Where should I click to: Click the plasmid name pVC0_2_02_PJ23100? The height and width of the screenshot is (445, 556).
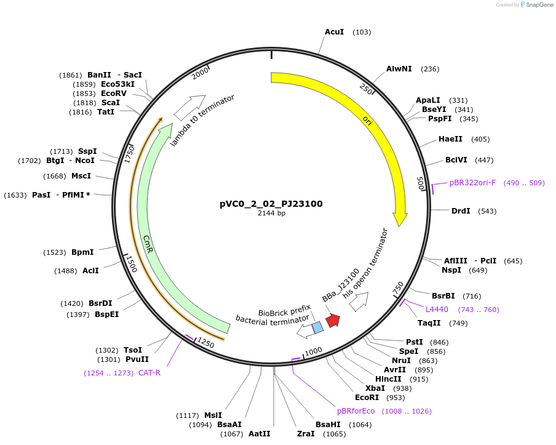pyautogui.click(x=271, y=204)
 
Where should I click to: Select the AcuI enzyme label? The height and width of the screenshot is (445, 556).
pyautogui.click(x=334, y=31)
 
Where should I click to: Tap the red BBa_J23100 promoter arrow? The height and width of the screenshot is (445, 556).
pyautogui.click(x=333, y=321)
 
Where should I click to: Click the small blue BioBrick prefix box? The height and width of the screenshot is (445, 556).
pyautogui.click(x=317, y=327)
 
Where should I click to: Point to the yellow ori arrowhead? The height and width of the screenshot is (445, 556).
pyautogui.click(x=400, y=218)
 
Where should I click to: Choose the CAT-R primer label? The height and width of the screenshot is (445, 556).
pyautogui.click(x=149, y=372)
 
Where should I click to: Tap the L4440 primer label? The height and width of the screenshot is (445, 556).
pyautogui.click(x=437, y=309)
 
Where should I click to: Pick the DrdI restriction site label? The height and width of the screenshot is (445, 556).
pyautogui.click(x=461, y=210)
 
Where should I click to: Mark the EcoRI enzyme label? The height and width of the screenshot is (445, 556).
pyautogui.click(x=367, y=397)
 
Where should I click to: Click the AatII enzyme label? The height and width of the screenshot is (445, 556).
pyautogui.click(x=260, y=433)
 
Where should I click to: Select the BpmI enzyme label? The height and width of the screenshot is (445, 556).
pyautogui.click(x=82, y=252)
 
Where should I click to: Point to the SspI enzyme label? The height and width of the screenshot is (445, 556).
pyautogui.click(x=87, y=151)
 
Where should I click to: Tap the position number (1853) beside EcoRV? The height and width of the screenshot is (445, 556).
pyautogui.click(x=84, y=94)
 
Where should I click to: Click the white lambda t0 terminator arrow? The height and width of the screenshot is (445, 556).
pyautogui.click(x=189, y=107)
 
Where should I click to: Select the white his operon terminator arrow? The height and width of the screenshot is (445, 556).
pyautogui.click(x=359, y=301)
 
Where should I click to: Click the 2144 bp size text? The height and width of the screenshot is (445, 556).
pyautogui.click(x=271, y=214)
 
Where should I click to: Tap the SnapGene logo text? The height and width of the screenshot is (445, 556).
pyautogui.click(x=539, y=5)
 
